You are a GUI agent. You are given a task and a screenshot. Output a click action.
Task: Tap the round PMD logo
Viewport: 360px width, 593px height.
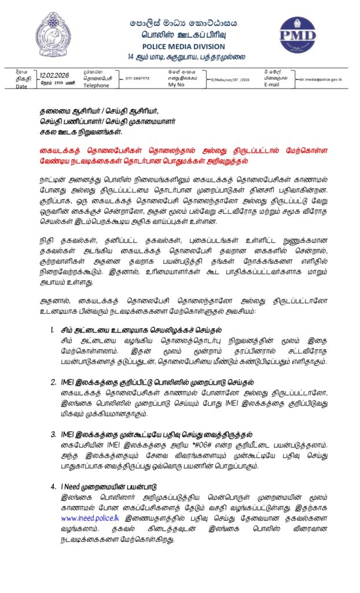click(x=297, y=35)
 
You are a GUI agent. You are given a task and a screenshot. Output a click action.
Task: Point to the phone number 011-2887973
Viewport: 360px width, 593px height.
click(x=137, y=78)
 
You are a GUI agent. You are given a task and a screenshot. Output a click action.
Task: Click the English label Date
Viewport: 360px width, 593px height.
click(x=21, y=87)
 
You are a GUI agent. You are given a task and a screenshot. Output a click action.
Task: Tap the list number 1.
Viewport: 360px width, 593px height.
click(x=53, y=330)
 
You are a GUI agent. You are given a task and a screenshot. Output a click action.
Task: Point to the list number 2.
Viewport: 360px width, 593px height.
click(x=53, y=382)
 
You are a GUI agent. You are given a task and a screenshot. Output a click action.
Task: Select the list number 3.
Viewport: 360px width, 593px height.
click(x=53, y=434)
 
